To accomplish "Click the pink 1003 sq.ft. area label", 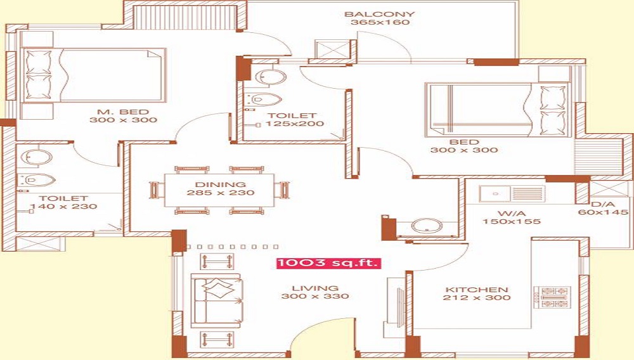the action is [x=328, y=263].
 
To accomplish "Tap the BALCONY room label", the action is [x=379, y=14].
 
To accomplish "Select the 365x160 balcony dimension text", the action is [x=380, y=23].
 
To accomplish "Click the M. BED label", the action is [x=124, y=112].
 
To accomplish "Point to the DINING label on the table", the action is [x=221, y=184].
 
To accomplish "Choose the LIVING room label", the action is [x=315, y=288].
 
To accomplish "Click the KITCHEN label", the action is [x=477, y=290].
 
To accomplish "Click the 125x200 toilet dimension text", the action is [x=295, y=124].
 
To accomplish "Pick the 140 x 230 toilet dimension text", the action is [x=63, y=207].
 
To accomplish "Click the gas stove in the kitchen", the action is [x=553, y=298].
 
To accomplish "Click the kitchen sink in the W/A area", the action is [x=512, y=194].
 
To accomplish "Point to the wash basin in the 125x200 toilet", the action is [x=271, y=77].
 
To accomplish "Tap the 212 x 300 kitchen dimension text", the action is [x=477, y=298].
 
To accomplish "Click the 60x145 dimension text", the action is [x=604, y=212].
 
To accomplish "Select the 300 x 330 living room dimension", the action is [x=315, y=296].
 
